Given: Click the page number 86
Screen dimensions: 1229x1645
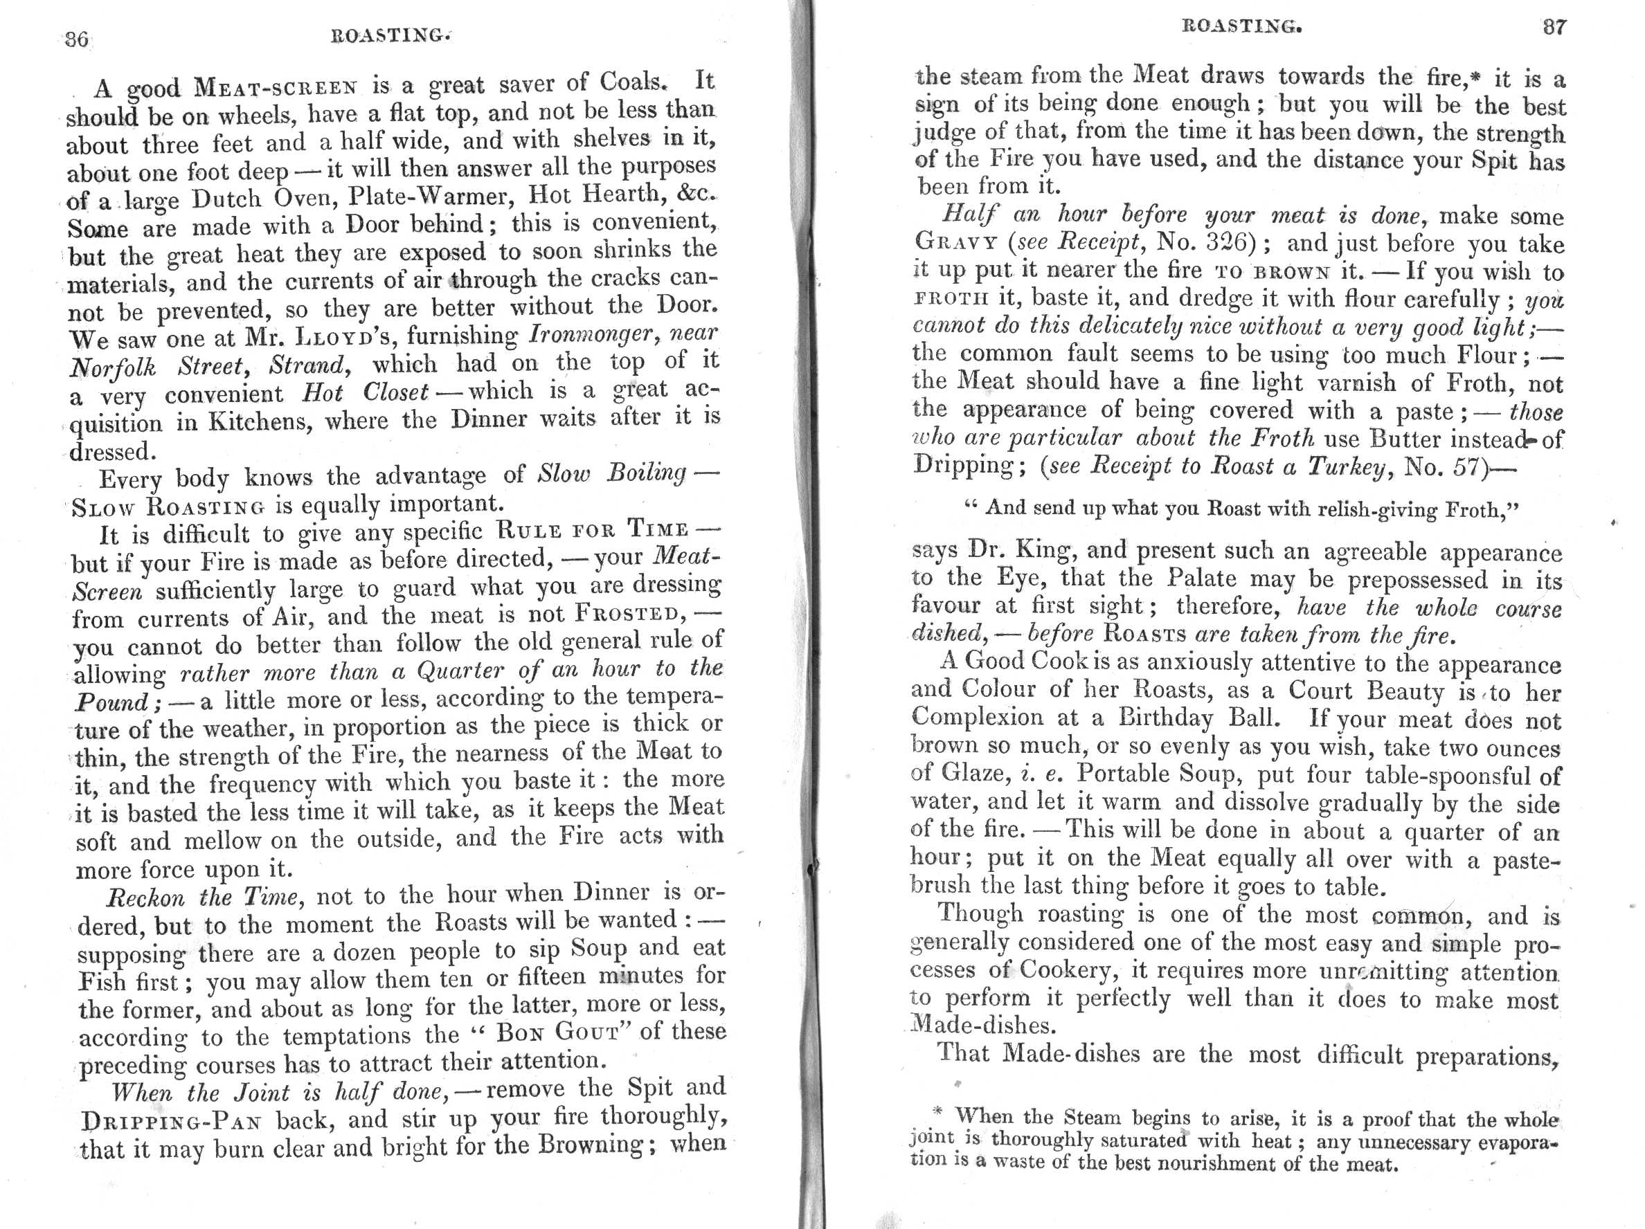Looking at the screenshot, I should coord(77,39).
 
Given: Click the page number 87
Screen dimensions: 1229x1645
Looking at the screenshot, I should coord(1554,28).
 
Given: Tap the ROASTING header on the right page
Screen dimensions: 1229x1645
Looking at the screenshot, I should coord(1242,27).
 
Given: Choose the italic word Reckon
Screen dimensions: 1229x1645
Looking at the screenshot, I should coord(146,898).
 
